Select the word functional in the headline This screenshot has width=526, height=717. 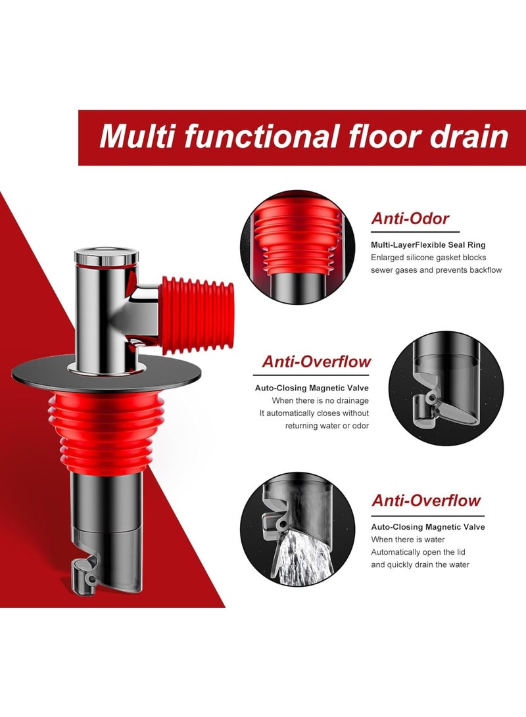pos(260,137)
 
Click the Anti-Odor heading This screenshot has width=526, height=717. pos(411,219)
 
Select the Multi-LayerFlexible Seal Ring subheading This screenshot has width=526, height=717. pos(428,244)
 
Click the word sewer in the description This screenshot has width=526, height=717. pos(384,270)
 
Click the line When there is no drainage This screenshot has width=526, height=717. pos(320,400)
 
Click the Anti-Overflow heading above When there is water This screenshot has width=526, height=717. pos(426,501)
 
